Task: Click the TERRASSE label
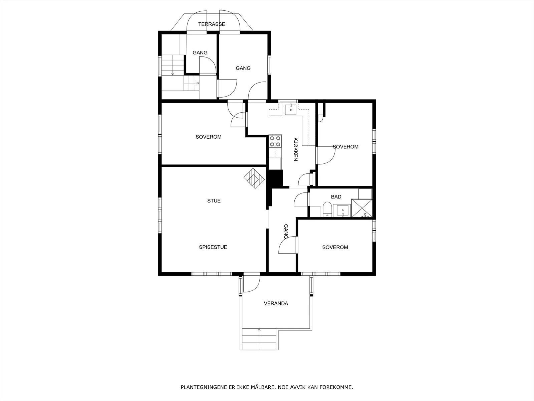click(211, 24)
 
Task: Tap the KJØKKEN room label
click(296, 149)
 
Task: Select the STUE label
click(214, 200)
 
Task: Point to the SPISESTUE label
click(213, 247)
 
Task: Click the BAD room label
click(336, 197)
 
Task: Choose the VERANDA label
click(276, 303)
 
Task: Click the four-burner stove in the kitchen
click(275, 141)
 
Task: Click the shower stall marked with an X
click(362, 208)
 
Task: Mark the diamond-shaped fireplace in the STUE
click(254, 178)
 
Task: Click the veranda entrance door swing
click(252, 284)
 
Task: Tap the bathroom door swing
click(301, 199)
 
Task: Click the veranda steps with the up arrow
click(259, 339)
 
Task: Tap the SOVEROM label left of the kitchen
click(209, 137)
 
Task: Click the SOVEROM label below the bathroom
click(335, 247)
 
